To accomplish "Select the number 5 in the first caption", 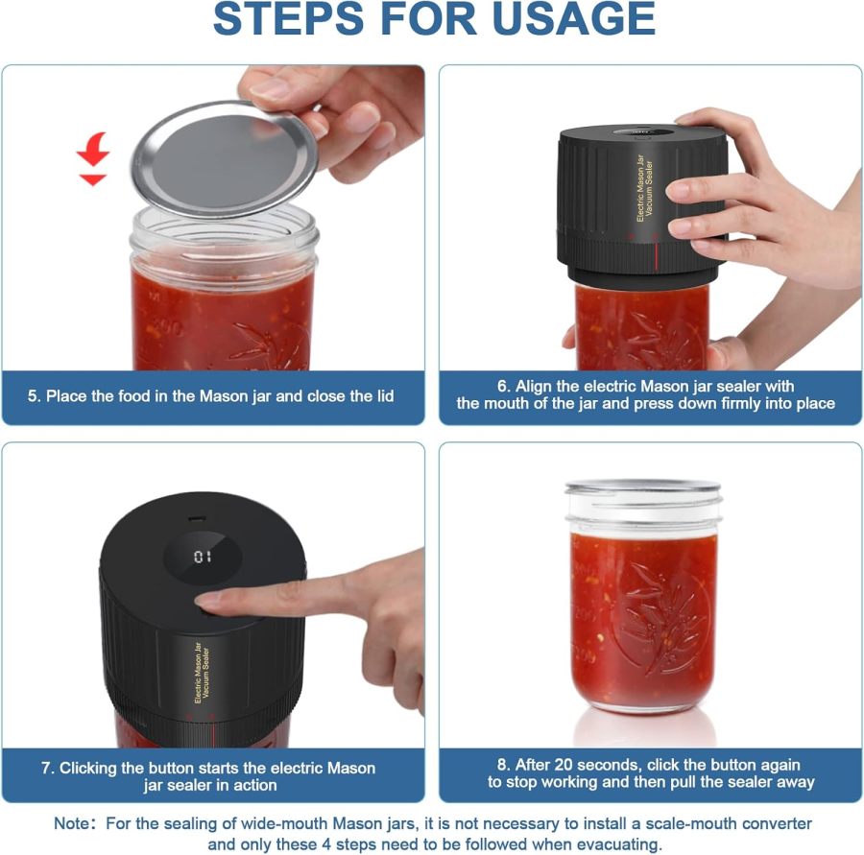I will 34,395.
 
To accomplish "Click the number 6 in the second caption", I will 502,386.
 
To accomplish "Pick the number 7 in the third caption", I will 46,768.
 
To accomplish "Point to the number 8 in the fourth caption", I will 502,765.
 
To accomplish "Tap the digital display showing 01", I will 203,556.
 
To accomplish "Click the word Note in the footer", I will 73,824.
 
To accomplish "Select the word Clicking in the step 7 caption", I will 92,768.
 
